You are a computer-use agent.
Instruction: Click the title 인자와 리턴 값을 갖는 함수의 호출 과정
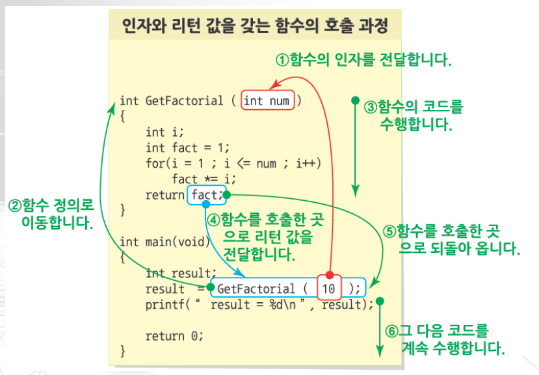[254, 27]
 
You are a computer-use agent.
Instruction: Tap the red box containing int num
[267, 101]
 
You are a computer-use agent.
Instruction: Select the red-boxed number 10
[329, 288]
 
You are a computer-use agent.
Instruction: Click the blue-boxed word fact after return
[204, 194]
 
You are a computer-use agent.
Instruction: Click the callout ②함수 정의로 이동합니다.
[52, 214]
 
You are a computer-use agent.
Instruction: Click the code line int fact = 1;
[188, 148]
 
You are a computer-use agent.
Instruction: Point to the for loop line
[233, 163]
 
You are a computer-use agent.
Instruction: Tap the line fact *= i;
[204, 179]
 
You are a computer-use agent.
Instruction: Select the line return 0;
[174, 335]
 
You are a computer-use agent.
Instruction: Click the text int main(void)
[165, 242]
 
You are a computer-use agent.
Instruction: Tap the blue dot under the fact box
[205, 205]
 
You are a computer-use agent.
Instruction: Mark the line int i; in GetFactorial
[165, 132]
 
